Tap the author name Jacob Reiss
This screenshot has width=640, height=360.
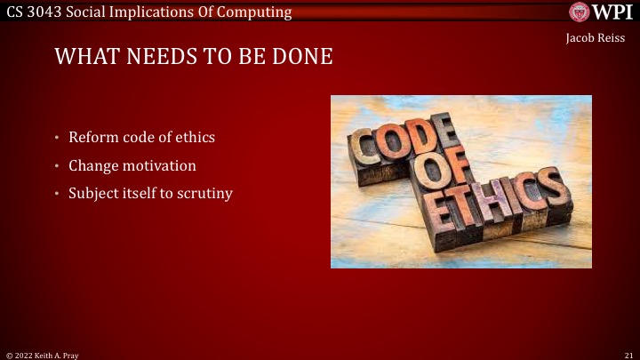click(x=595, y=37)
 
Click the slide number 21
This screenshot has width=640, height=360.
click(x=628, y=354)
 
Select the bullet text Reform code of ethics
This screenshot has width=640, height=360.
click(x=141, y=138)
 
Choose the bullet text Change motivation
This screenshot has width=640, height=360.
click(x=132, y=165)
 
